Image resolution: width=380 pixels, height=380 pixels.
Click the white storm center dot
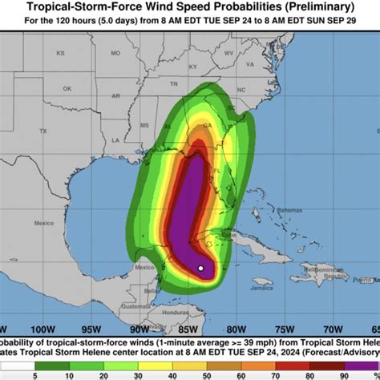[x=200, y=268]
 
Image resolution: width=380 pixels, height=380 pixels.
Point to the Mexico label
[x=145, y=267]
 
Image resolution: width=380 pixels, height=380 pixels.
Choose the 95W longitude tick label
[x=92, y=328]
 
